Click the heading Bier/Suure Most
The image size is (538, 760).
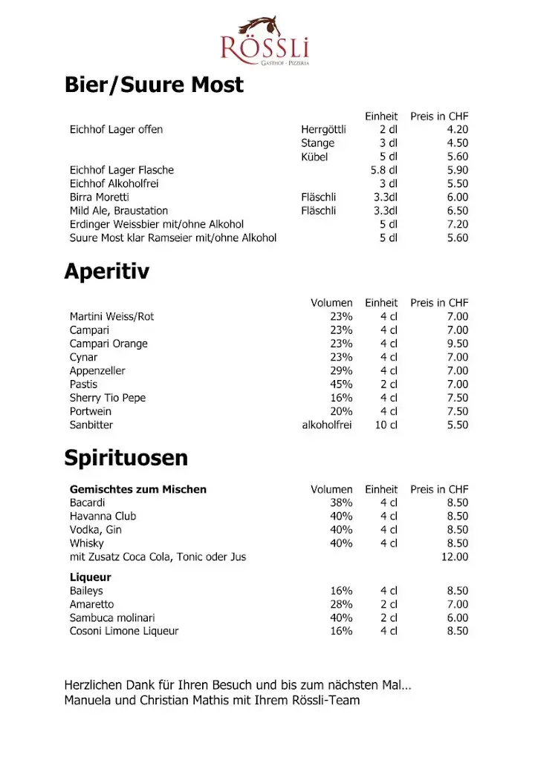pyautogui.click(x=154, y=85)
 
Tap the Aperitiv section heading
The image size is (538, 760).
pyautogui.click(x=106, y=272)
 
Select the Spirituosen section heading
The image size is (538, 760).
pyautogui.click(x=126, y=458)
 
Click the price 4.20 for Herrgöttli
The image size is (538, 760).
pyautogui.click(x=457, y=130)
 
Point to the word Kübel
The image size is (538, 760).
pyautogui.click(x=314, y=157)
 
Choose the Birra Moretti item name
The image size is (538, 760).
pyautogui.click(x=100, y=197)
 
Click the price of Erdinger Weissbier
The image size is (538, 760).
pyautogui.click(x=457, y=224)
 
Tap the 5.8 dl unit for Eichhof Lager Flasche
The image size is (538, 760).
pyautogui.click(x=384, y=170)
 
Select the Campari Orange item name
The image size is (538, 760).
pyautogui.click(x=108, y=344)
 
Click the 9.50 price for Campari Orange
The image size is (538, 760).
pyautogui.click(x=457, y=344)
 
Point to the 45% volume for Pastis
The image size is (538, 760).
pyautogui.click(x=341, y=384)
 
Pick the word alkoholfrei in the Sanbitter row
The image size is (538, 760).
pyautogui.click(x=327, y=425)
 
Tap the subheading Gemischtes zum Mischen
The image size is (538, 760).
pyautogui.click(x=138, y=490)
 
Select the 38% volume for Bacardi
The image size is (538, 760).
pyautogui.click(x=341, y=502)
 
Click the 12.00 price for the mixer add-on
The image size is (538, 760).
pyautogui.click(x=455, y=557)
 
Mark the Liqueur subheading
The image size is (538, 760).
pyautogui.click(x=91, y=577)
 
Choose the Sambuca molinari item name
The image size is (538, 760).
pyautogui.click(x=112, y=618)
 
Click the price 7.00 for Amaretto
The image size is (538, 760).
pyautogui.click(x=457, y=605)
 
